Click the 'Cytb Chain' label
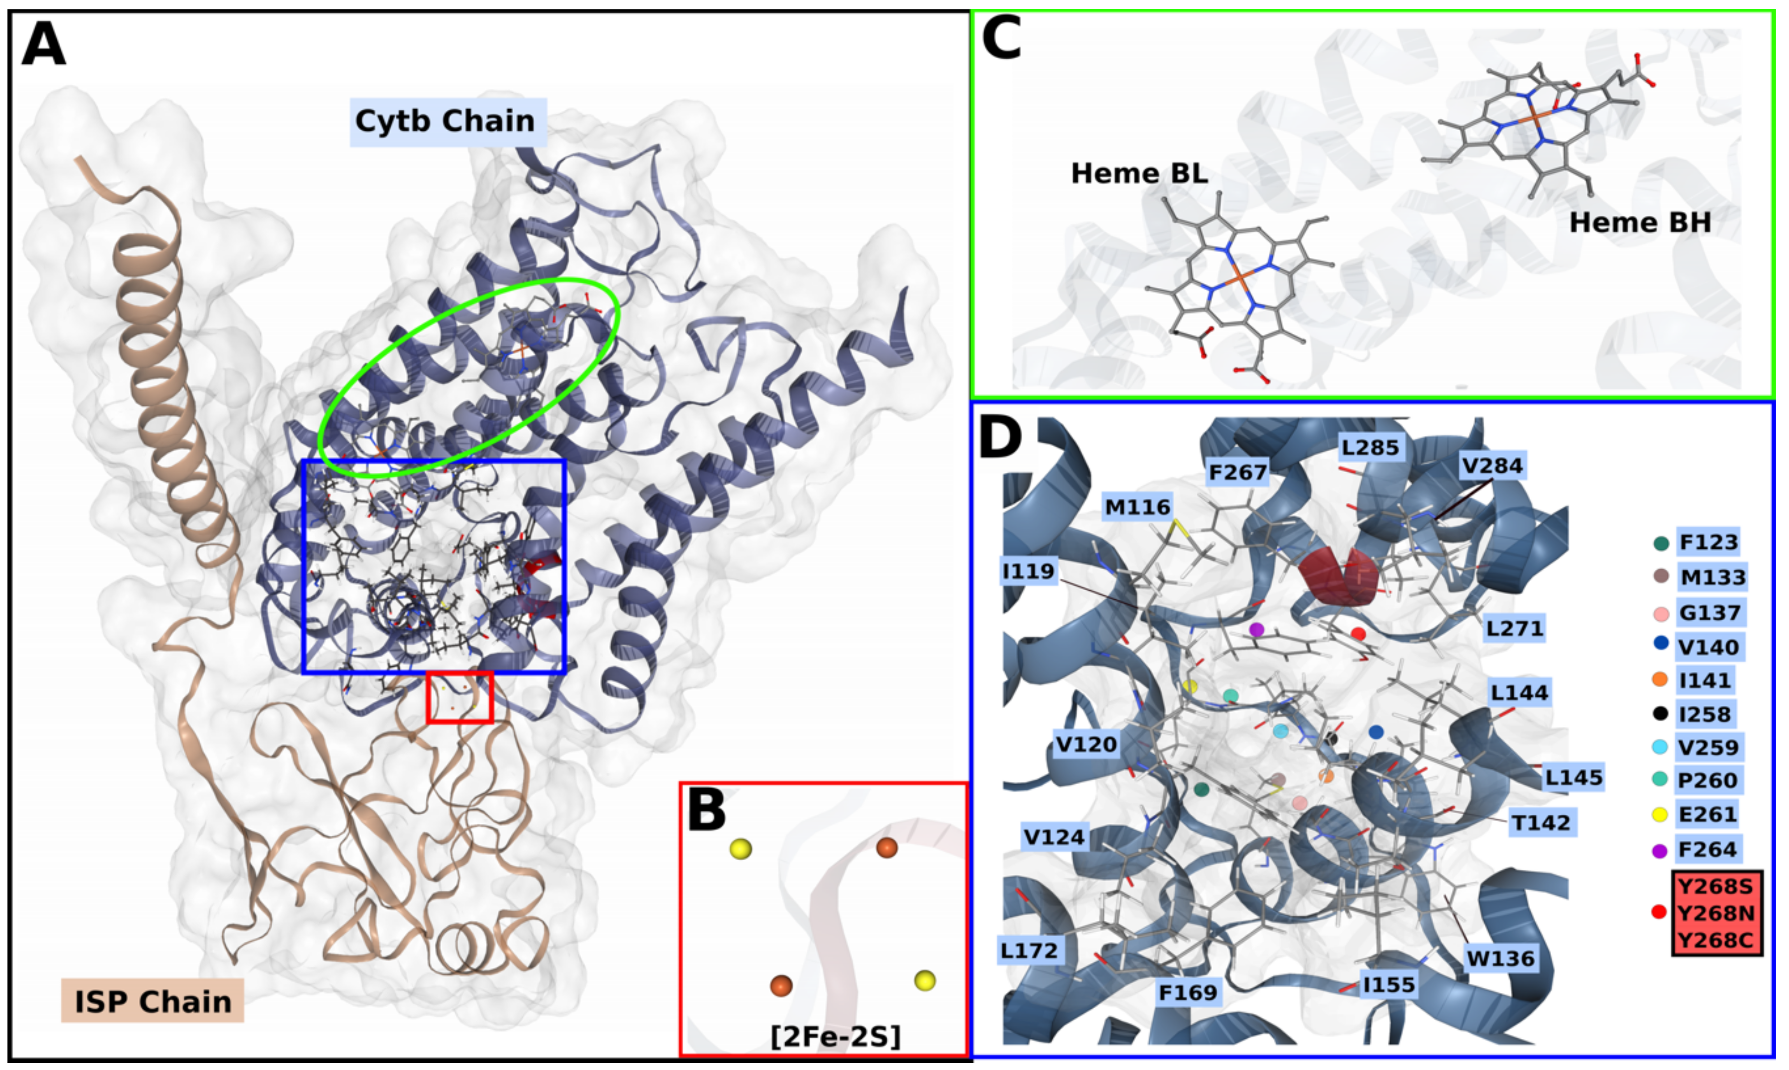coord(446,121)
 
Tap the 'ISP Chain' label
coord(153,1002)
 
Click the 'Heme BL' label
coord(1139,174)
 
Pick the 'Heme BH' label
coord(1640,223)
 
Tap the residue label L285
coord(1370,448)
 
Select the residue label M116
coord(1137,507)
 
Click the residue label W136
coord(1501,958)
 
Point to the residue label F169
coord(1188,993)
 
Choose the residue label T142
coord(1540,823)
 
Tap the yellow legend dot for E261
coord(1660,815)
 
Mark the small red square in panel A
coord(460,697)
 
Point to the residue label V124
coord(1054,837)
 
